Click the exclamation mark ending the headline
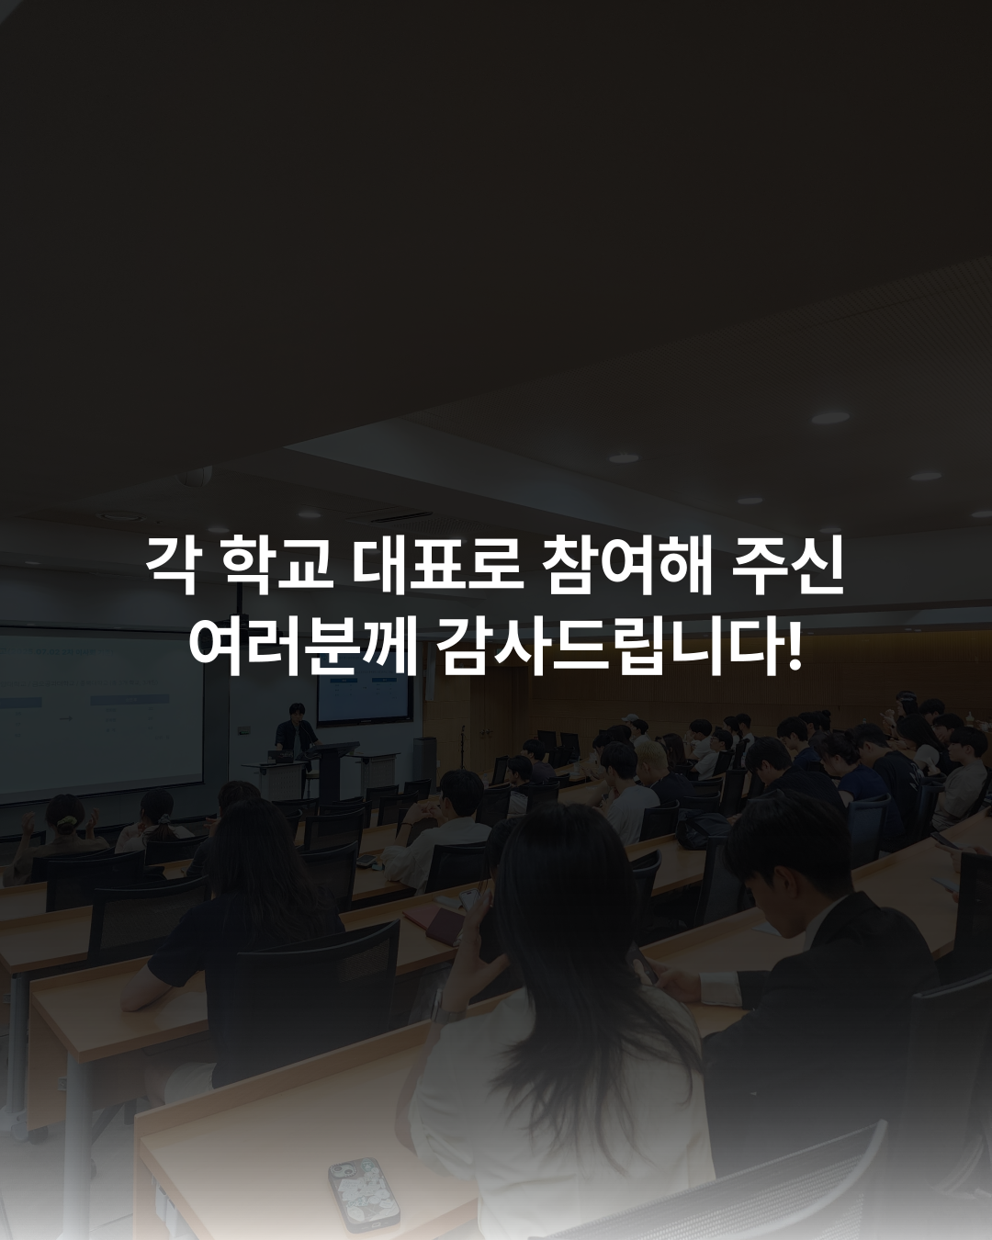pos(795,645)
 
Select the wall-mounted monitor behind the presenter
pos(365,697)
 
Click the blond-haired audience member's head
pos(650,756)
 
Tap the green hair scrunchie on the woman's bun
pos(67,825)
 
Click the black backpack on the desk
pos(704,829)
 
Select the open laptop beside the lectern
pos(281,756)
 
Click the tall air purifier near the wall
pos(423,761)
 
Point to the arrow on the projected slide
pos(66,718)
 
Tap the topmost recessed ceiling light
pos(830,418)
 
